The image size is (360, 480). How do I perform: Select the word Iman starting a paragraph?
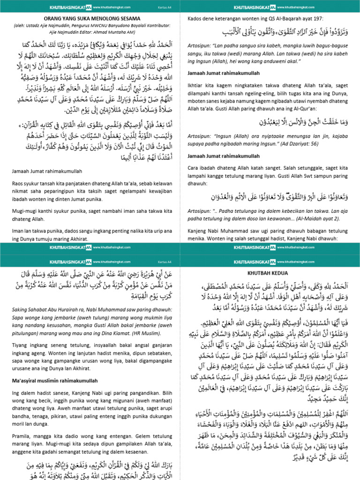click(x=18, y=231)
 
